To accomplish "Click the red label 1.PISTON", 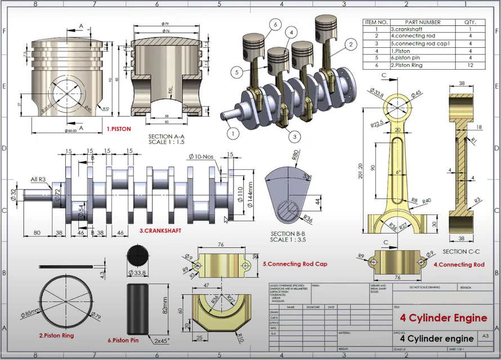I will tap(119, 129).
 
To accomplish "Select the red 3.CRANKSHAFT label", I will tap(160, 231).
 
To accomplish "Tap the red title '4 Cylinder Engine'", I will tap(443, 318).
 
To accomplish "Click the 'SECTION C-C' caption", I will tap(464, 251).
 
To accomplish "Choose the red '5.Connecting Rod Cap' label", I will tap(295, 264).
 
